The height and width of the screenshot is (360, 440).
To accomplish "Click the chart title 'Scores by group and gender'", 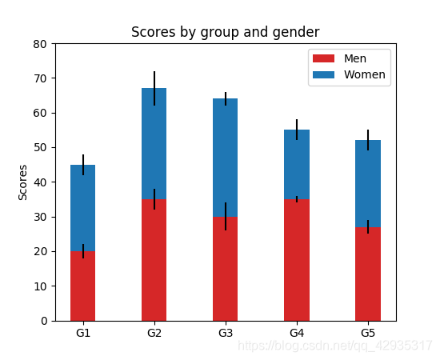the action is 225,32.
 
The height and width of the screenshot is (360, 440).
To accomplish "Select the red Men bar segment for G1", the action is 82,286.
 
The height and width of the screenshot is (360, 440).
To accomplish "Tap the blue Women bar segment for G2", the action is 154,144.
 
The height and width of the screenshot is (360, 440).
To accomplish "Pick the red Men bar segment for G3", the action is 226,269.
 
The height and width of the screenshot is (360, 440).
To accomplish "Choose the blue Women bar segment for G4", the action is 297,165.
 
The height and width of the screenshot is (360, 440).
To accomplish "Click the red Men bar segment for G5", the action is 368,274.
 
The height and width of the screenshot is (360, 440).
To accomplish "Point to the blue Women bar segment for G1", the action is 82,208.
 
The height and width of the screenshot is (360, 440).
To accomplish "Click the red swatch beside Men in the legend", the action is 323,58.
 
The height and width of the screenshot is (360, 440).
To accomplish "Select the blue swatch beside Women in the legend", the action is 323,74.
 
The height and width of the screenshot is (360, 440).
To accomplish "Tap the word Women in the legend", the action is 365,74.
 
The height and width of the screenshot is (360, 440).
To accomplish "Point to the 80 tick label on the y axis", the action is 40,44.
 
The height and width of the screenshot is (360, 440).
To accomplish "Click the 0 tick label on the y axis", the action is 44,321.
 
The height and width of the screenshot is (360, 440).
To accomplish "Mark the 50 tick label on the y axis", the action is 40,147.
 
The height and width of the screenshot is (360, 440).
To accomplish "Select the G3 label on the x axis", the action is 226,333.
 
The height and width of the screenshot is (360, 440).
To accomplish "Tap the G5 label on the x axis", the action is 368,333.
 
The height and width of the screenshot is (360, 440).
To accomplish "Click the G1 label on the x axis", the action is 82,333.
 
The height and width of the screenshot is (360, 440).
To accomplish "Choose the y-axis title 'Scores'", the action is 22,182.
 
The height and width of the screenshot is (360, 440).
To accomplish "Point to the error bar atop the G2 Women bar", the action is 154,88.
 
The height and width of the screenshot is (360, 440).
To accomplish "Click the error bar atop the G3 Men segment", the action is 226,216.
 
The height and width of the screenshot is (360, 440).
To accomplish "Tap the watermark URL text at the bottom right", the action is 334,346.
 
